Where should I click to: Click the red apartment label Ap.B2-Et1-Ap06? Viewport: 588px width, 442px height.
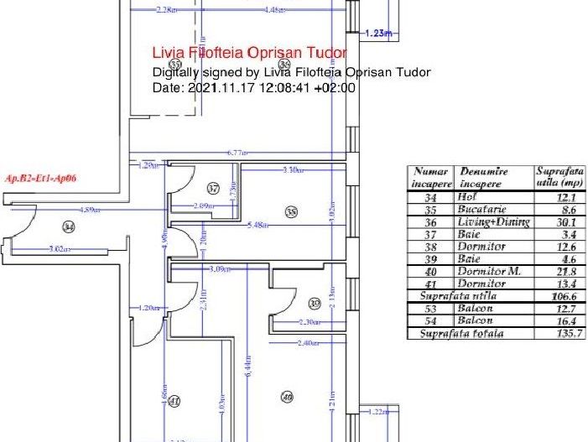point(39,178)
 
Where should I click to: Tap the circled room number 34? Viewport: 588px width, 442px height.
point(69,226)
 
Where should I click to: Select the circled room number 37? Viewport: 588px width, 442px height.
point(213,189)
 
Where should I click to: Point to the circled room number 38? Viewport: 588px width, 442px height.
point(291,213)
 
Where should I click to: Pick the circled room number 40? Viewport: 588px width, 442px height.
point(287,397)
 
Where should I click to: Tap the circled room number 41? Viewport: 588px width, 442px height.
point(174,402)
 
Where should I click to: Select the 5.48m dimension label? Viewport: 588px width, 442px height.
point(259,225)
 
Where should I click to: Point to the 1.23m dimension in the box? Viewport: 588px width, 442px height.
point(380,33)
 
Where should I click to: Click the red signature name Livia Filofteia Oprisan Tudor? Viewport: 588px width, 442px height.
point(247,53)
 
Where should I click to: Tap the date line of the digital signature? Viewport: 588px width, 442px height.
point(254,87)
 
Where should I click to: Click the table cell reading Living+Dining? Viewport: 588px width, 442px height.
point(494,222)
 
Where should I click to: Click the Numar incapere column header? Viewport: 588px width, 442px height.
point(431,177)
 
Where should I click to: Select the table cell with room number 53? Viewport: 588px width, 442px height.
point(431,309)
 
